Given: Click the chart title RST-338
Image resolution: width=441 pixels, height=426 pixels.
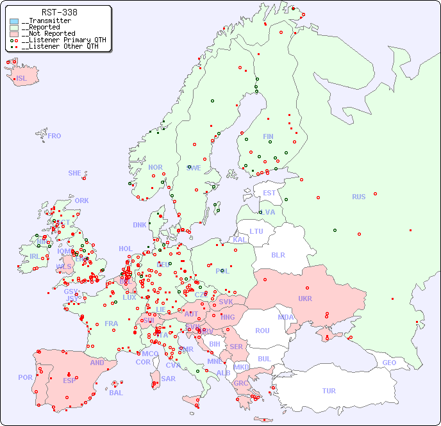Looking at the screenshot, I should tap(59, 12).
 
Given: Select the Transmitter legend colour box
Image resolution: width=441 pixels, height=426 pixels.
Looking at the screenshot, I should tap(14, 21).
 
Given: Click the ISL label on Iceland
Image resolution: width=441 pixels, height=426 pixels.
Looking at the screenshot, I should tap(22, 79).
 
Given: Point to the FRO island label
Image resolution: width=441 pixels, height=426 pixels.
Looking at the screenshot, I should tap(54, 136).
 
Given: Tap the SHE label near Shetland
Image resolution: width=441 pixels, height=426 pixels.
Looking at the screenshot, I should tap(74, 173).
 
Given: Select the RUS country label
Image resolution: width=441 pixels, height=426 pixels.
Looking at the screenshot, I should tap(358, 197).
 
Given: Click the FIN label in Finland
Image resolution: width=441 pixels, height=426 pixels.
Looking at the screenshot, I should tap(268, 136).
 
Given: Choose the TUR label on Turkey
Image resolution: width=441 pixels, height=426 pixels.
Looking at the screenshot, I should tap(329, 391).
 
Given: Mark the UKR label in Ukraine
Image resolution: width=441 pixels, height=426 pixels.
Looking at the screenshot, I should tap(305, 299).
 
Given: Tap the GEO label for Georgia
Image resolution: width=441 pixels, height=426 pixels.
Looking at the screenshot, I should tap(389, 363).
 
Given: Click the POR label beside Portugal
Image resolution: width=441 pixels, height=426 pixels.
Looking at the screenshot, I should tap(25, 377).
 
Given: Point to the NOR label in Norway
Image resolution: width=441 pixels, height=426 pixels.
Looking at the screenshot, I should tap(155, 167).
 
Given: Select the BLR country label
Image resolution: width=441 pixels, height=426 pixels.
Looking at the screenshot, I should tap(278, 254).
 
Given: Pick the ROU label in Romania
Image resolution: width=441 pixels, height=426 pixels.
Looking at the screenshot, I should tap(262, 331).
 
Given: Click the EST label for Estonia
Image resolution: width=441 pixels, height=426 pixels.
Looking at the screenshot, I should tap(269, 193).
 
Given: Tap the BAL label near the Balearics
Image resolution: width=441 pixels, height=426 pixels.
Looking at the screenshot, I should tap(116, 393).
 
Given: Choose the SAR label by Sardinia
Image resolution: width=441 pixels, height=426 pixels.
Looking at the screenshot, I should tap(168, 378).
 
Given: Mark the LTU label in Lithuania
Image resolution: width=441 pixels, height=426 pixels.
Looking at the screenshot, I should tap(256, 231).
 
